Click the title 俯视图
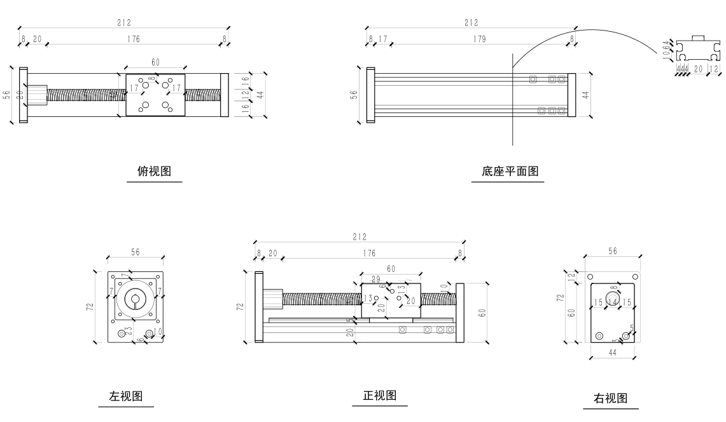154,171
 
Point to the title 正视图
380,395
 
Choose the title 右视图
610,398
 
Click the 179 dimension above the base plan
479,39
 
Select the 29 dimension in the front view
376,280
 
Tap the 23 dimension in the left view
129,330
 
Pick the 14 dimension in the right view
612,303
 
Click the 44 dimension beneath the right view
613,352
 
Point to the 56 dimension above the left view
136,252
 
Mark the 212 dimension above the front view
360,237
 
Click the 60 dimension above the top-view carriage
155,62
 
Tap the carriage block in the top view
155,95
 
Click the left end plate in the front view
259,306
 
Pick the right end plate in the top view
225,95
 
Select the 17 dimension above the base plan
382,39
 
